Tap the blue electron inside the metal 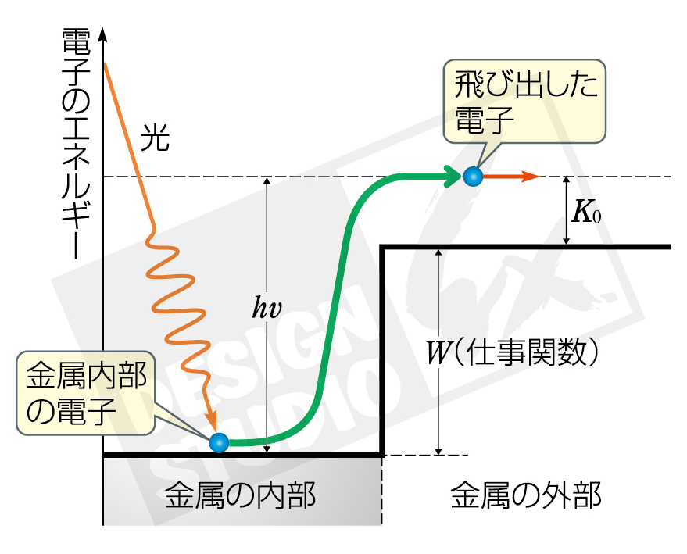(x=219, y=442)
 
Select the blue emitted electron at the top (x=471, y=177)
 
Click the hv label (x=266, y=306)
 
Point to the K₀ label (x=587, y=213)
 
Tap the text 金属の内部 (x=241, y=495)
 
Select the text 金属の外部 (x=526, y=495)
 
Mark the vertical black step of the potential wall (x=382, y=352)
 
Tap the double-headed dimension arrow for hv (x=267, y=375)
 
